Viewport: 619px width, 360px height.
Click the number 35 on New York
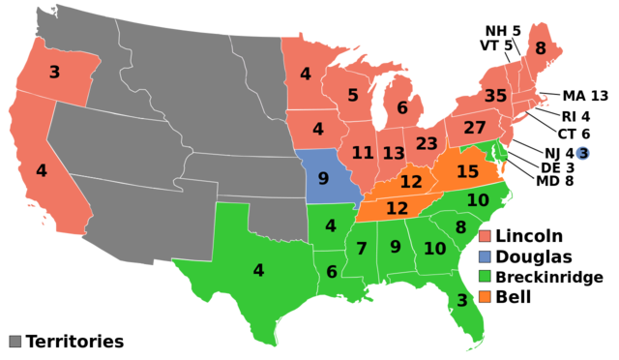click(x=495, y=96)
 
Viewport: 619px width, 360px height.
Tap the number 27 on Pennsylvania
click(x=474, y=128)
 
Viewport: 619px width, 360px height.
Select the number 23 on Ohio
click(x=427, y=143)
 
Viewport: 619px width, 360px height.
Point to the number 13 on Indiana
click(x=393, y=153)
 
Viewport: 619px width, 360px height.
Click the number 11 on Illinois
click(x=362, y=152)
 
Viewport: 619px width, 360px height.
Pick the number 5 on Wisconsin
click(x=353, y=95)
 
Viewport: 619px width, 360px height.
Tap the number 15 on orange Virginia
click(x=467, y=171)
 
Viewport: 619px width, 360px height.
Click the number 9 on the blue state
click(x=323, y=178)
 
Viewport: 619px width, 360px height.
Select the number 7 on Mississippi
click(x=361, y=249)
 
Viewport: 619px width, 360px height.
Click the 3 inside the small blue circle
click(x=582, y=153)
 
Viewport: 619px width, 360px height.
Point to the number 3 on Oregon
click(x=54, y=72)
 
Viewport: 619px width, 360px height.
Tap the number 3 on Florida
click(x=461, y=300)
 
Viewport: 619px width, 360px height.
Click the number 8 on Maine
click(x=540, y=48)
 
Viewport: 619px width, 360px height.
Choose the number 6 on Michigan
click(x=401, y=108)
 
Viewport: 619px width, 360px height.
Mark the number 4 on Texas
click(x=258, y=270)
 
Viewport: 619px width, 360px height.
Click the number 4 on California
click(x=41, y=170)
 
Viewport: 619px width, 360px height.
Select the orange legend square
click(x=485, y=296)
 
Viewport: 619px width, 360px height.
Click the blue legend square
click(x=485, y=256)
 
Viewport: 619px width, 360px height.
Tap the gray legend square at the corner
click(x=15, y=341)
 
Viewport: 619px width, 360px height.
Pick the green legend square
click(x=485, y=276)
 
